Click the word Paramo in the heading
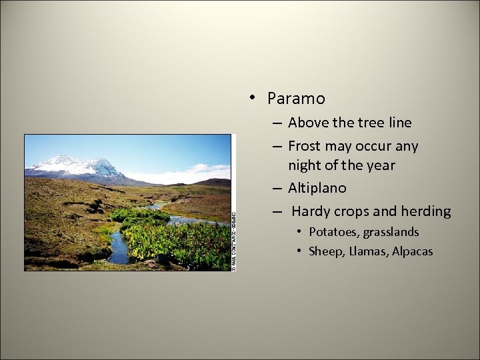296,99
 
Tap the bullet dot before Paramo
253,98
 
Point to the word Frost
304,146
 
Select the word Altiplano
317,188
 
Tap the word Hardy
311,211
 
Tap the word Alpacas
413,251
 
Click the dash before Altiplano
276,188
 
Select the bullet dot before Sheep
301,251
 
